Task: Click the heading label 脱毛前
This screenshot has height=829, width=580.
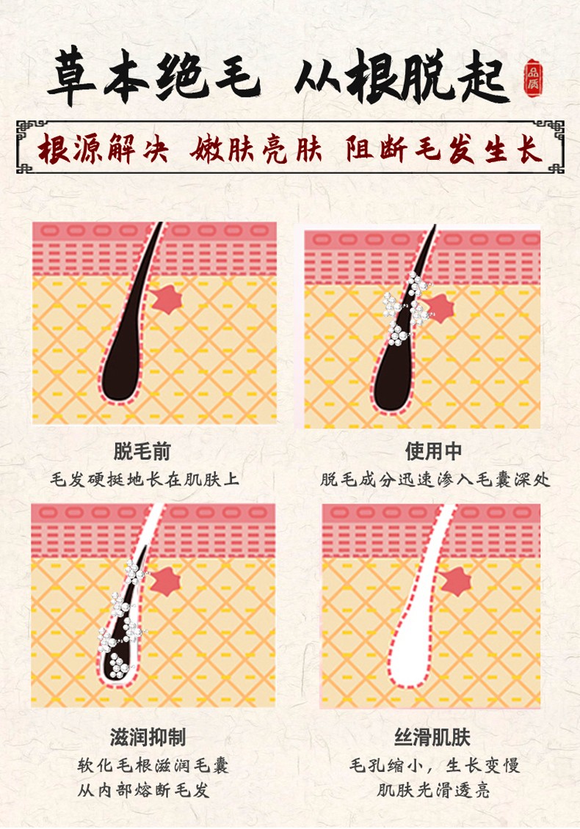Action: tap(142, 451)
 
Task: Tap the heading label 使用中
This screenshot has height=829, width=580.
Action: tap(433, 451)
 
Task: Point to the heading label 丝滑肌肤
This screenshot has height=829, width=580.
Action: tap(432, 737)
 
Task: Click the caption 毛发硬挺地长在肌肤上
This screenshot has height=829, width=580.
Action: tap(145, 480)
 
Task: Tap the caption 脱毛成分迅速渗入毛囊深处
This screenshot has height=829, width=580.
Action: tap(435, 480)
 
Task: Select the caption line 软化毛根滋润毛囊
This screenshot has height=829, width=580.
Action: tap(153, 765)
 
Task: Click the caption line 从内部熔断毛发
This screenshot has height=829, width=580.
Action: tap(143, 790)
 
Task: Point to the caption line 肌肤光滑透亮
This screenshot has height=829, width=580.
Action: tap(433, 790)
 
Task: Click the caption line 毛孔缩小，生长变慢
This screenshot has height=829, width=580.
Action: tap(435, 765)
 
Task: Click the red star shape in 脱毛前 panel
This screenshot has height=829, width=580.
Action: tap(167, 299)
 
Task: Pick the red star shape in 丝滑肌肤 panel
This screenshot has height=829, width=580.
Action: tap(456, 581)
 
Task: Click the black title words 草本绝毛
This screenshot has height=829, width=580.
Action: tap(153, 78)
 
